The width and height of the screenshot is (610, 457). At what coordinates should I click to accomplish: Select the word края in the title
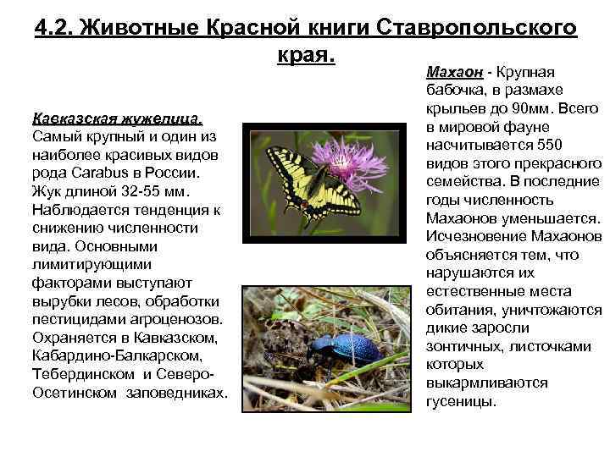303,55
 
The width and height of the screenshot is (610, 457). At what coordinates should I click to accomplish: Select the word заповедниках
176,394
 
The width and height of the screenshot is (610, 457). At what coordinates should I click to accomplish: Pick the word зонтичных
463,346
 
